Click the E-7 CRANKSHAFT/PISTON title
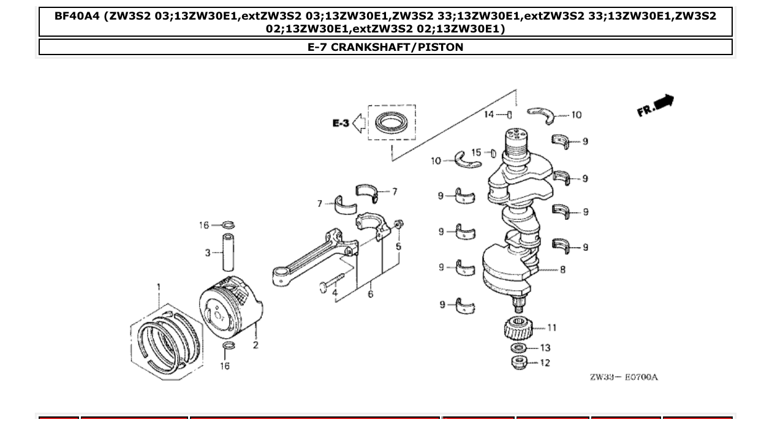tap(385, 47)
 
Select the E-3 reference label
tap(341, 124)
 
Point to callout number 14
tap(488, 114)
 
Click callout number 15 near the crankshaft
tap(476, 152)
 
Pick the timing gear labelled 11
tap(518, 329)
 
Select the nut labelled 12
tap(519, 362)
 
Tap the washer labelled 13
tap(518, 348)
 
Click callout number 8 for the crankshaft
tap(562, 269)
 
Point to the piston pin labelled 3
tap(227, 252)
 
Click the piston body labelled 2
tap(230, 306)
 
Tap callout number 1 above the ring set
tap(159, 287)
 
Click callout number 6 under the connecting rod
tap(370, 294)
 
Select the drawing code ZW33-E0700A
tap(623, 377)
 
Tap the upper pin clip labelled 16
tap(227, 225)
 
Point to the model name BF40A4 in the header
tap(77, 16)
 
